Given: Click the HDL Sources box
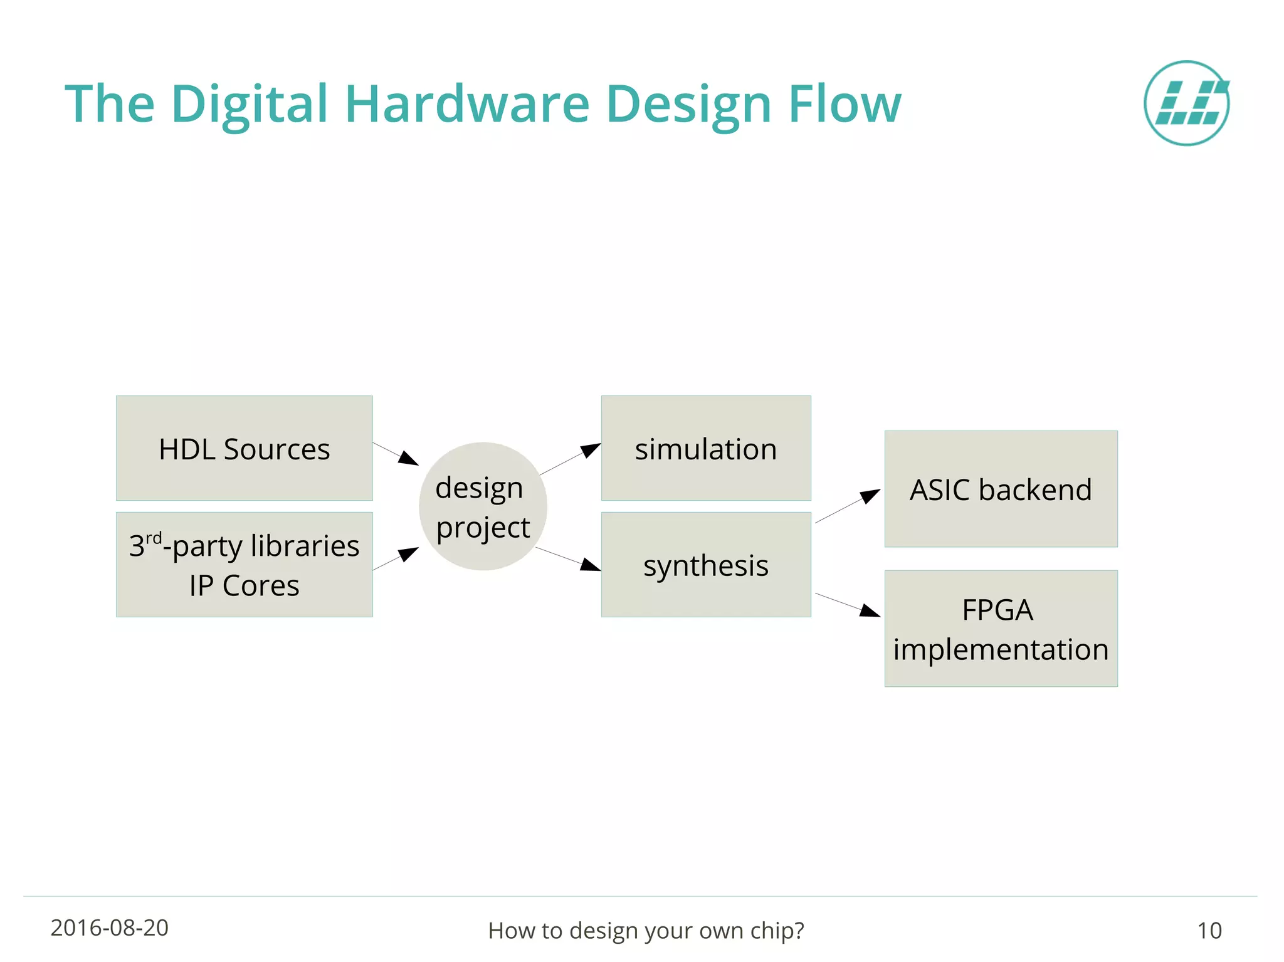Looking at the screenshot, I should click(x=244, y=448).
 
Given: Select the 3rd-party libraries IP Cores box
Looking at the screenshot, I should click(x=244, y=565).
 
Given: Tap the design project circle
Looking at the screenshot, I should click(x=483, y=506).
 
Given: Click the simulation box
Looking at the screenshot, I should click(x=706, y=448).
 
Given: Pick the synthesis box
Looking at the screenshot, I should click(x=706, y=565).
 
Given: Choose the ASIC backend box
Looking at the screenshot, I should click(x=1001, y=489).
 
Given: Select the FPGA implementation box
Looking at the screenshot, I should click(x=1001, y=629).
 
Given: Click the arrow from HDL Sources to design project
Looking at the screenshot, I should click(x=396, y=454).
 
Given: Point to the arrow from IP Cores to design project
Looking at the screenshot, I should click(x=396, y=558).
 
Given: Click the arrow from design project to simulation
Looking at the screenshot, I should click(x=571, y=459).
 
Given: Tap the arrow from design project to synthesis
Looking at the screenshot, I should click(x=569, y=559).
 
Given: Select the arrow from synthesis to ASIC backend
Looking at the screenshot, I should click(x=848, y=506).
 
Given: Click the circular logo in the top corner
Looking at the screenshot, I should click(x=1186, y=103).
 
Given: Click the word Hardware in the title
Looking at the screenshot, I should click(x=466, y=104).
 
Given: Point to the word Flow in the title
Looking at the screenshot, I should click(x=844, y=104).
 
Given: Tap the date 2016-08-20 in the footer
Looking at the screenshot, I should click(x=110, y=928).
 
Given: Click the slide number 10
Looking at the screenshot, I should click(x=1209, y=931).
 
